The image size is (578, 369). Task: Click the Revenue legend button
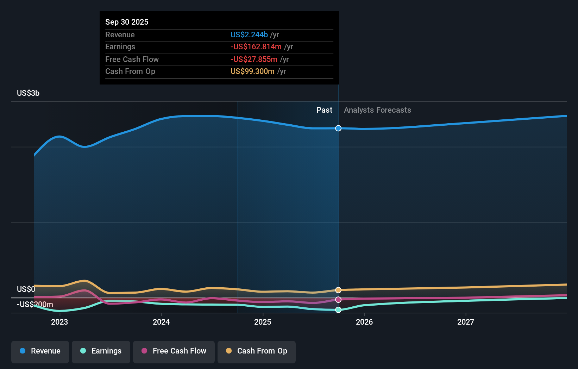click(40, 351)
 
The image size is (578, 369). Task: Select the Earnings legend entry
click(101, 351)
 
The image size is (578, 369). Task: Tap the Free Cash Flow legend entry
click(174, 351)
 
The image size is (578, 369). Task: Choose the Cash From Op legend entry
click(256, 351)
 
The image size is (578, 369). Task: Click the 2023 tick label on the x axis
click(59, 322)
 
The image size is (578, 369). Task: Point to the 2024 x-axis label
click(161, 322)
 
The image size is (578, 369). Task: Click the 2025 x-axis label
click(263, 322)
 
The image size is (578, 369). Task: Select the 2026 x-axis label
click(364, 322)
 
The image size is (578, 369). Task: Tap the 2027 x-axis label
click(466, 322)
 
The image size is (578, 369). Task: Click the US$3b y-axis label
click(28, 93)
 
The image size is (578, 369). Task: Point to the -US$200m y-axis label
click(35, 305)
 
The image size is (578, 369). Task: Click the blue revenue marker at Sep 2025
click(338, 128)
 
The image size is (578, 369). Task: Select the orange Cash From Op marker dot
click(338, 290)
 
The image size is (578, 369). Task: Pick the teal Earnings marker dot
click(338, 310)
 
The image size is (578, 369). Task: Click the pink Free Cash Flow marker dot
click(338, 300)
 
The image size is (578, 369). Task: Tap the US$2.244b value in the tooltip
click(249, 35)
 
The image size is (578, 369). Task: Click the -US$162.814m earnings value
click(256, 47)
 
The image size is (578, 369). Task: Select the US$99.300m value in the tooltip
click(252, 71)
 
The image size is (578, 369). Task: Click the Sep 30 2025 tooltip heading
click(127, 22)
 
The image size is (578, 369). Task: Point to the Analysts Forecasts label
click(377, 110)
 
